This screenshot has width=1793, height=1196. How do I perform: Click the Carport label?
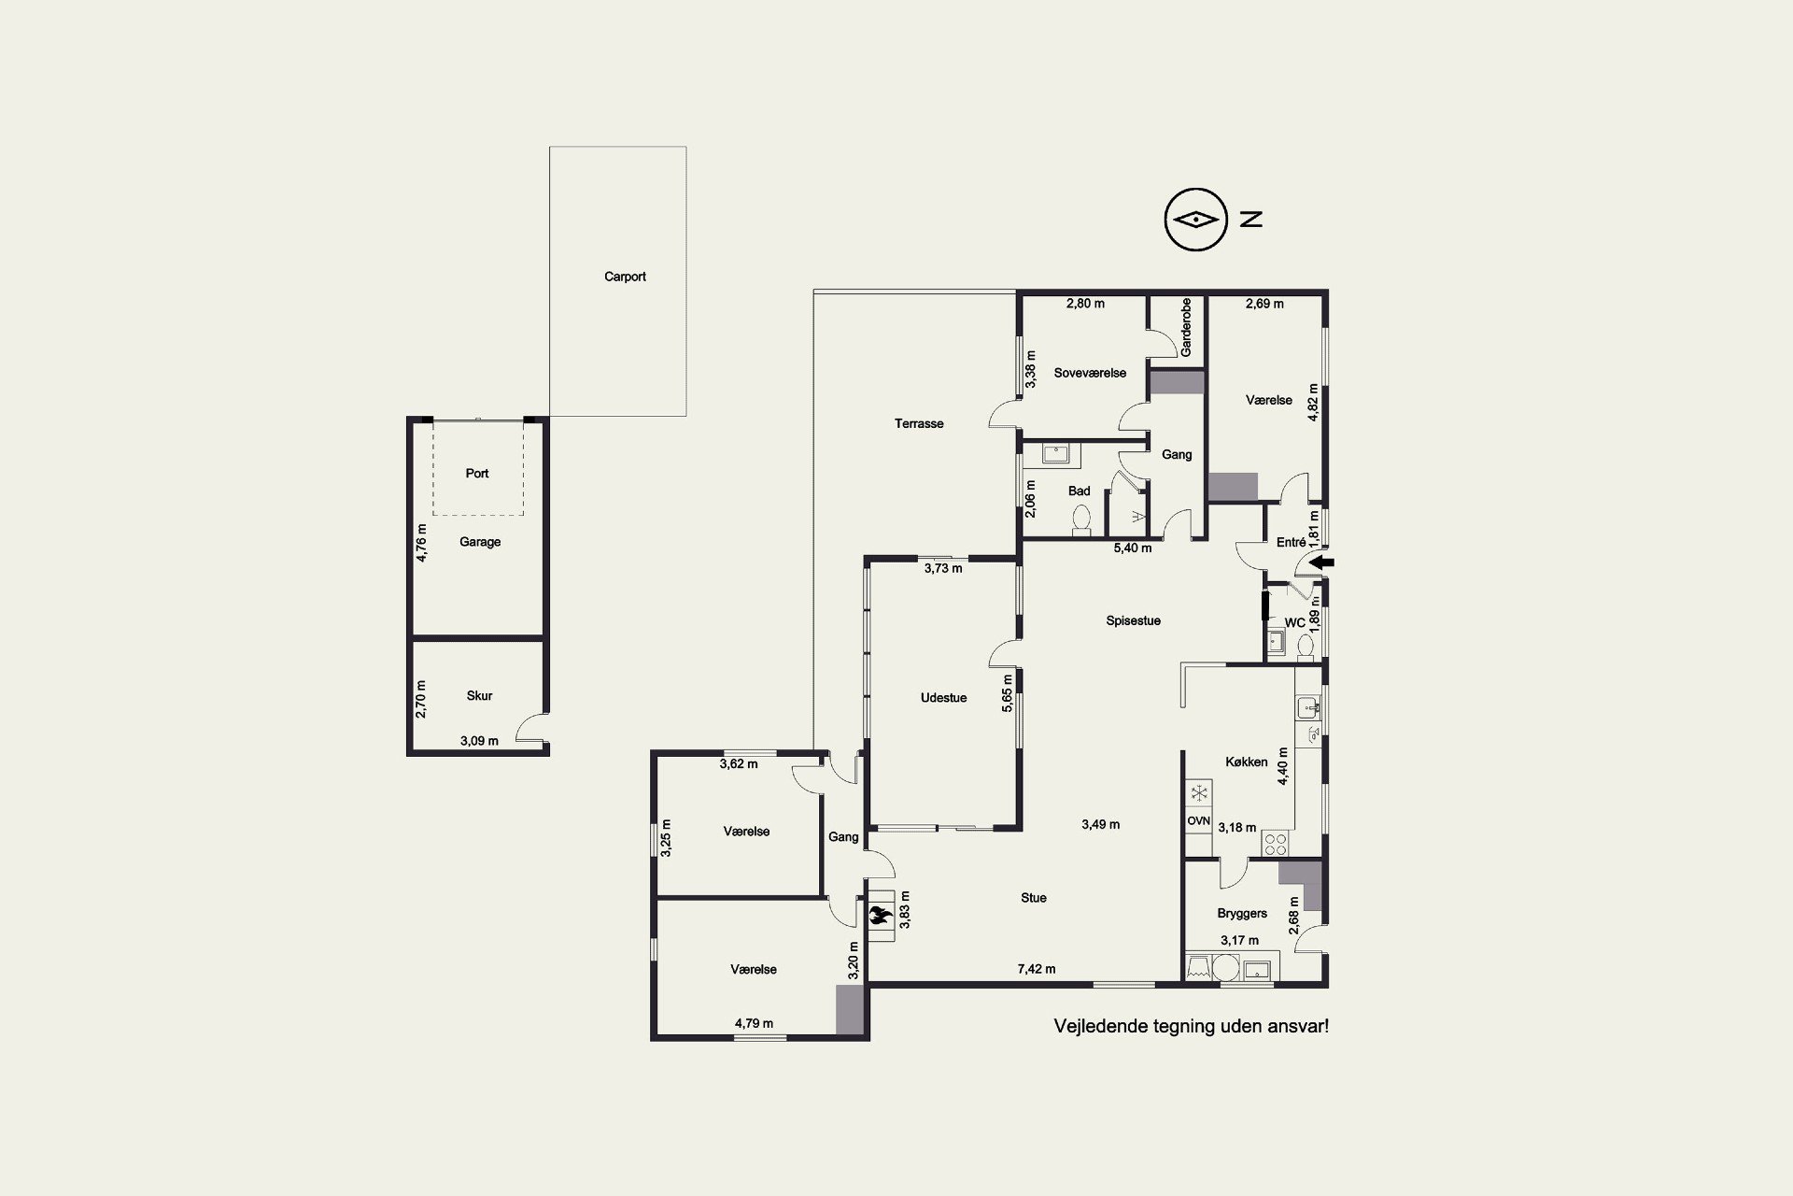point(625,277)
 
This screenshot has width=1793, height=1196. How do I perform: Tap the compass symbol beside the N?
point(1194,220)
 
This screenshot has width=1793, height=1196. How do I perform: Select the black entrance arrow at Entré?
point(1323,562)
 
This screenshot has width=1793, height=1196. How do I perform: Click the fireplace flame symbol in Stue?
point(878,917)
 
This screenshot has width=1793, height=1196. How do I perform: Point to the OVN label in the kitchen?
point(1198,821)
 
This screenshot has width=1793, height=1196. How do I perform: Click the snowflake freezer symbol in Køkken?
point(1198,794)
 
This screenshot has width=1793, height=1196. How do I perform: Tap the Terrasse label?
point(919,424)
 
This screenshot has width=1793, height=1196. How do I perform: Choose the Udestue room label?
point(943,698)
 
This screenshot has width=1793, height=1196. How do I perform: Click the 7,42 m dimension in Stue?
point(1037,969)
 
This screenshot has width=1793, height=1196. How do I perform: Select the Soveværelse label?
point(1090,373)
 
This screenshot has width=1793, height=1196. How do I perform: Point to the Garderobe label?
point(1186,327)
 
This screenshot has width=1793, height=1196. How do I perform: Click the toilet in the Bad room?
point(1081,520)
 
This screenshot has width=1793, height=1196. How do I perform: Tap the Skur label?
point(479,696)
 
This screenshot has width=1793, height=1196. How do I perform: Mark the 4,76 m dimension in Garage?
point(421,542)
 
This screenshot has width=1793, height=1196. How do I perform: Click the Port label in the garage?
point(477,474)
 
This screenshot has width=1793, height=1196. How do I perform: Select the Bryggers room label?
point(1242,914)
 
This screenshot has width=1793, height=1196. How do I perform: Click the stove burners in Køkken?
point(1275,845)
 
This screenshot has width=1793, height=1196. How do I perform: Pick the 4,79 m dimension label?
point(754,1023)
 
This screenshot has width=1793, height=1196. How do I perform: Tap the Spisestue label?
point(1134,620)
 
